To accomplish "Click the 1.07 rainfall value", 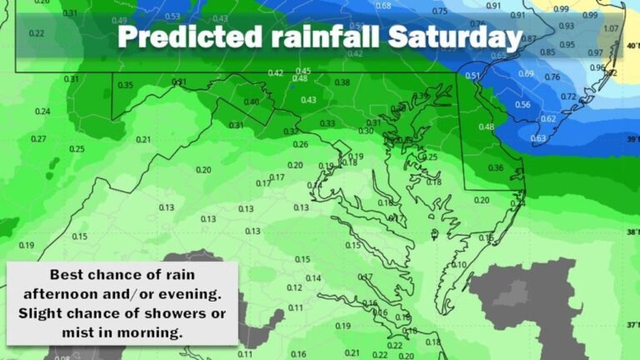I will point(611,29).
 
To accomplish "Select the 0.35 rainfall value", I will point(126,85).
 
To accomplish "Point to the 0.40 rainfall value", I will point(251,102).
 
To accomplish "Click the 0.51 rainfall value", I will point(472,76).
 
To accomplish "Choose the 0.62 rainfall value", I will point(548,119).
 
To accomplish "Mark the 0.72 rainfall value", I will point(568,97).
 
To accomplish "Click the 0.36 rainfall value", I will point(495,168).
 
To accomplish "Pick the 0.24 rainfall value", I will point(42,112).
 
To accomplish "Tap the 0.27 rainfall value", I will point(38,139).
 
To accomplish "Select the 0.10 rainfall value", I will point(459,265).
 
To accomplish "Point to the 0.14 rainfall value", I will point(313,278).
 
